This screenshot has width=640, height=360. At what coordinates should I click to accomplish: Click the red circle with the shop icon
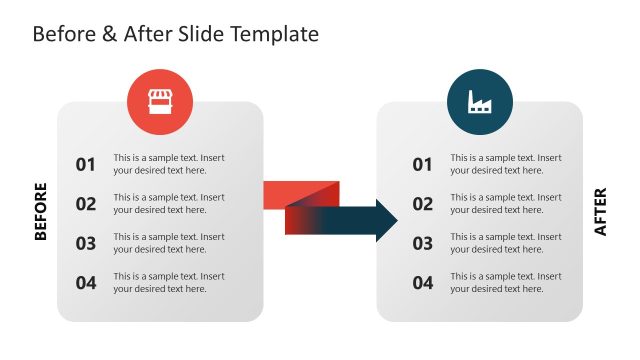pos(160,102)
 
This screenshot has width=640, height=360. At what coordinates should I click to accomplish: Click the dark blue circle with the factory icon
pos(479,102)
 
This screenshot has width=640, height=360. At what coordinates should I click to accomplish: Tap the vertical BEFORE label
pos(41,211)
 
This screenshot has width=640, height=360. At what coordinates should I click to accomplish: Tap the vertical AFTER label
pos(600,212)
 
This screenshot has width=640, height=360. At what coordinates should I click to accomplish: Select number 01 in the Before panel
pos(86,164)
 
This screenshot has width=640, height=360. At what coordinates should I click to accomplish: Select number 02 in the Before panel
pos(86,204)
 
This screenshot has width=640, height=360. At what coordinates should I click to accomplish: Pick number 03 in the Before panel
pos(86,243)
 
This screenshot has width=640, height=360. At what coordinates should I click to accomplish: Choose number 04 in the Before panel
pos(86,283)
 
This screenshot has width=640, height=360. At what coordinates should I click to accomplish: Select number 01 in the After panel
pos(423,164)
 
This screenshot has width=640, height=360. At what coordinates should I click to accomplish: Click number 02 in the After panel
pos(423,204)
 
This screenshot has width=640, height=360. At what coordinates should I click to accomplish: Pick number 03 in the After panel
pos(423,243)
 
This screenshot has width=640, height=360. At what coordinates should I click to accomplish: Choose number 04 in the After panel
pos(423,283)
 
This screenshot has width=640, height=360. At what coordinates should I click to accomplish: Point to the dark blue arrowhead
pos(384,220)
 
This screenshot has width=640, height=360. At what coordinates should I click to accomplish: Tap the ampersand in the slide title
pos(110,34)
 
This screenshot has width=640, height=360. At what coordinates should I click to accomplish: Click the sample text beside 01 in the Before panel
pos(169,164)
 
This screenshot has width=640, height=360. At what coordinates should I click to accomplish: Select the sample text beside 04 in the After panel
pos(505,283)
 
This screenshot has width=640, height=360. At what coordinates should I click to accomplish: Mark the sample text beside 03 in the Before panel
pos(169,243)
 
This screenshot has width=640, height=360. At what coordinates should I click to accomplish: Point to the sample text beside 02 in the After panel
pos(505,204)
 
